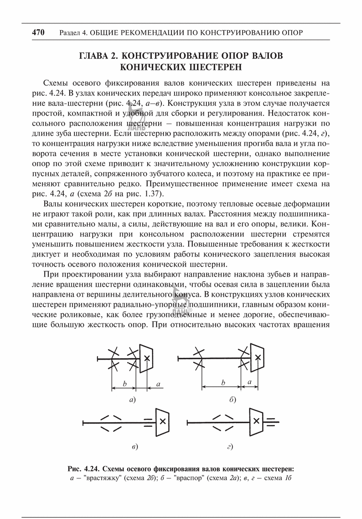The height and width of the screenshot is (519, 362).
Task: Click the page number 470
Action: tap(38, 33)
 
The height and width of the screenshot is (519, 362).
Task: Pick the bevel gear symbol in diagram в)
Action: tap(162, 420)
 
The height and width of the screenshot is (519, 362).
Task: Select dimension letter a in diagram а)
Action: tap(158, 385)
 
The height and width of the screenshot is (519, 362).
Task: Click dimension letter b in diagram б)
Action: tap(223, 383)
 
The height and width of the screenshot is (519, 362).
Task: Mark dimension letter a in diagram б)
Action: tap(249, 381)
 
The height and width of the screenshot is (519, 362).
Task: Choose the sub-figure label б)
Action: tap(233, 400)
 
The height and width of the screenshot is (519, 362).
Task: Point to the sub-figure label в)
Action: tap(134, 446)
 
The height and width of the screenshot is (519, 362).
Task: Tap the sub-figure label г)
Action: tap(230, 446)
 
